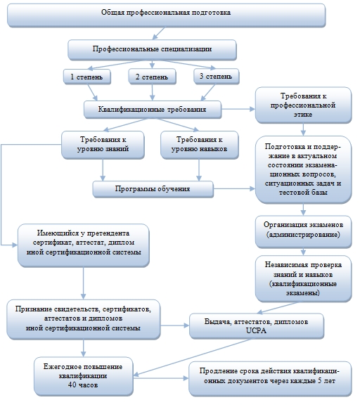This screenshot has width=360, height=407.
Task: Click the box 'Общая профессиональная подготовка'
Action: [166, 15]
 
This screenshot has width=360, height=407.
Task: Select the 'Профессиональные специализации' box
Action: [152, 50]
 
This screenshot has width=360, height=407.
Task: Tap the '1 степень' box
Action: [87, 77]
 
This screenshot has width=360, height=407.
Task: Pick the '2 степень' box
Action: [152, 77]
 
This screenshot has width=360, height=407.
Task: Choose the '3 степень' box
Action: [216, 77]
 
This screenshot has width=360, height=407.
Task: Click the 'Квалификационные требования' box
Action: [153, 110]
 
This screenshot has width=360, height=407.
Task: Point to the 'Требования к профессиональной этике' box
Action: [303, 105]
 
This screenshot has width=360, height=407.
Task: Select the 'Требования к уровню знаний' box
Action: [103, 145]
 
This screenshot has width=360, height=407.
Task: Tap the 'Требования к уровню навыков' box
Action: [200, 145]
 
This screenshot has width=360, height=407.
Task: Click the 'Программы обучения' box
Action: [153, 189]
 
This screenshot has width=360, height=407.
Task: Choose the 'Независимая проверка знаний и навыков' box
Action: [304, 279]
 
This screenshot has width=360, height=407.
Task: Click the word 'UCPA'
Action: [256, 330]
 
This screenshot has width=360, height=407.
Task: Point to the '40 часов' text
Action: [83, 385]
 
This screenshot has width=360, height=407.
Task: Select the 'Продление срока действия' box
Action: [270, 379]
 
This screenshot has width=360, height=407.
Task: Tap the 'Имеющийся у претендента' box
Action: [83, 245]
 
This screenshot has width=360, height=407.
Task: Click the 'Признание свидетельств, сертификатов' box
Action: [83, 320]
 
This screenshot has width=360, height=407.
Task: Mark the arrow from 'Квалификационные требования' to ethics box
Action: [238, 109]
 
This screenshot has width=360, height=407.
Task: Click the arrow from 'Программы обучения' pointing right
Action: [234, 188]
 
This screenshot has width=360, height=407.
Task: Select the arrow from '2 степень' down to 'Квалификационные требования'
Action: [153, 92]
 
